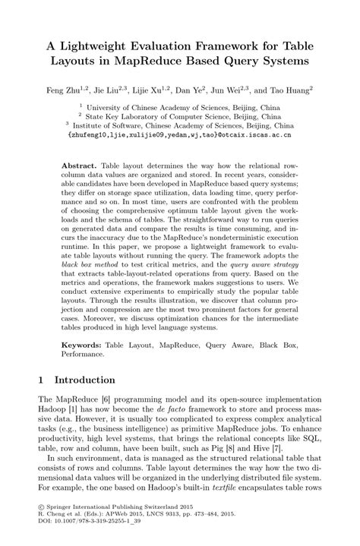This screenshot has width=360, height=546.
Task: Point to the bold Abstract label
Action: [79, 164]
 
